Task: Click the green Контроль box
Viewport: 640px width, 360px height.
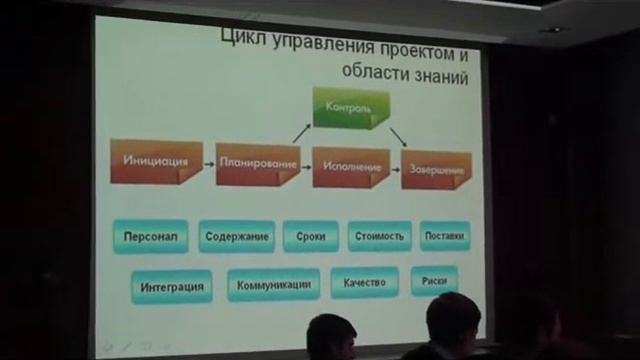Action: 351,108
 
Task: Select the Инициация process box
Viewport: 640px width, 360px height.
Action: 156,161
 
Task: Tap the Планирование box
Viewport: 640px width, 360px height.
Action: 258,164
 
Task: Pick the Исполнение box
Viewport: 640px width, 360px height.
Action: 351,167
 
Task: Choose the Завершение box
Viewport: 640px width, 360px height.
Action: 436,169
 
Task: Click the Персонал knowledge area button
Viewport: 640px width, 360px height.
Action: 151,236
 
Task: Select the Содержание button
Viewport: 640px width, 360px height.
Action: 237,236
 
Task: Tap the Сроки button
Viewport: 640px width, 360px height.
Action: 311,236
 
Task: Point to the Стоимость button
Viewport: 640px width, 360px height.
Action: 380,236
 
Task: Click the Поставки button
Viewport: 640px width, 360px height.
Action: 445,236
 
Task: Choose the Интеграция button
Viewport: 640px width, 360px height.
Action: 172,287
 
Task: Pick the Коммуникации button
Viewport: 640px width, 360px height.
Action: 273,284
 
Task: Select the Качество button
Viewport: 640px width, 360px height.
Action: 364,282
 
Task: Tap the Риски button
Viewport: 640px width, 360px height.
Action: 434,281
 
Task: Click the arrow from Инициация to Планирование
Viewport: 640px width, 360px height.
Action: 209,164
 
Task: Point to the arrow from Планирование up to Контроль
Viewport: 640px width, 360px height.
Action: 302,134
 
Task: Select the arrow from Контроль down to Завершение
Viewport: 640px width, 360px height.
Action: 398,138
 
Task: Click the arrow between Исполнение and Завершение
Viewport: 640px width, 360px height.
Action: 396,169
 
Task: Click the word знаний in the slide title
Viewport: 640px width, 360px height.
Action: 441,76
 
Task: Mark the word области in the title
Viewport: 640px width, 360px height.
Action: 376,71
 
